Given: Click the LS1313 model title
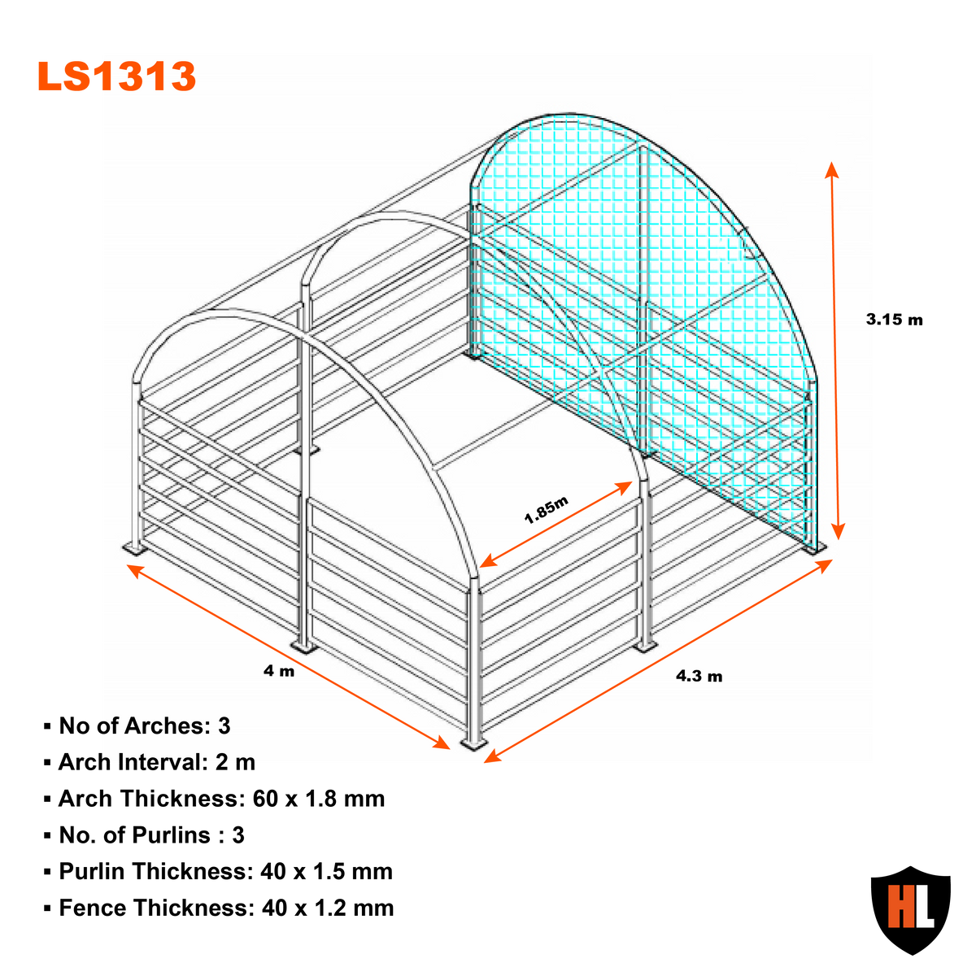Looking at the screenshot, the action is [116, 76].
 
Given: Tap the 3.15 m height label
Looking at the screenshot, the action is [894, 319].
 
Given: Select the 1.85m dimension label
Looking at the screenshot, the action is [546, 509].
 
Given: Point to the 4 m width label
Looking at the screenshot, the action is [279, 671].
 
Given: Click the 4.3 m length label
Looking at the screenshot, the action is [699, 676].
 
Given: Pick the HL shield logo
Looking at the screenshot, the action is [911, 909].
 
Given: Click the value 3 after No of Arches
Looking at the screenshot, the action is [224, 725].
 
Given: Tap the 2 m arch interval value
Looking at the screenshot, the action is [235, 762].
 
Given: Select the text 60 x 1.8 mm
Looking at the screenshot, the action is [319, 799].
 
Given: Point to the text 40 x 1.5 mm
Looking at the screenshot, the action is [327, 872].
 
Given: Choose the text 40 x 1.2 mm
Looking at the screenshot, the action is [328, 908].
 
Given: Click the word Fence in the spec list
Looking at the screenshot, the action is [90, 908].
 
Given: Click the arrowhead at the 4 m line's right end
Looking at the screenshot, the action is [442, 743].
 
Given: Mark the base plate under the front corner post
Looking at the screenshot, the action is [473, 743].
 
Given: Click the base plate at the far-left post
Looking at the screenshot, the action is [135, 548].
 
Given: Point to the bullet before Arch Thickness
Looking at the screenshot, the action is [47, 800].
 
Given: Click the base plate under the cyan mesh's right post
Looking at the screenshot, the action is [813, 548].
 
